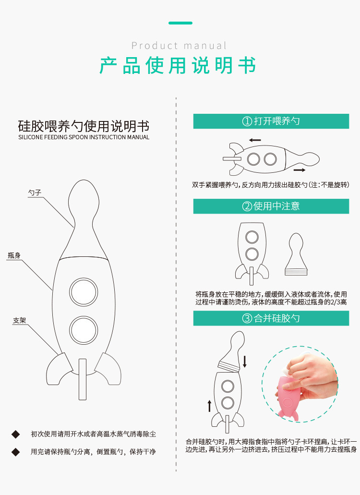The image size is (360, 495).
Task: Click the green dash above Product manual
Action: coord(180,23)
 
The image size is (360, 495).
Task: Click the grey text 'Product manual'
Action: coord(179,46)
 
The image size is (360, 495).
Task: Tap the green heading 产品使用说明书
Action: coord(178,66)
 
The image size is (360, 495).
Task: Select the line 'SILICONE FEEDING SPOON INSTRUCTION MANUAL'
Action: coord(84,137)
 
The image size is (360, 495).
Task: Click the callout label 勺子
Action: coord(35,193)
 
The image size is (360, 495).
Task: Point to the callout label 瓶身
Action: coord(14,255)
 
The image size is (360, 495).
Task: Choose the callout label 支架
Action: coord(19,320)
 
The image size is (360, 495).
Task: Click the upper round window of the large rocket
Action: coord(84,292)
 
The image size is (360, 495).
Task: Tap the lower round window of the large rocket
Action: coord(84,330)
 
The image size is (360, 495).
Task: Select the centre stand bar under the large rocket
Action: coord(83,379)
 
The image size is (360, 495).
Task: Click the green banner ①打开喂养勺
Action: coord(271,121)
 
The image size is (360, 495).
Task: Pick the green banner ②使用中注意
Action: coord(271,206)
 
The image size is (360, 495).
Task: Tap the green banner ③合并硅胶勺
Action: coord(271,318)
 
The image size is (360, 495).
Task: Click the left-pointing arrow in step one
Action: coord(255,140)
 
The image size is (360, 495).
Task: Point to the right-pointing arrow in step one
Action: coord(300,170)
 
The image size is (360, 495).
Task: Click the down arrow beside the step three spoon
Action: coord(244,362)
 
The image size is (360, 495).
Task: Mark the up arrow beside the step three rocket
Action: coord(209,406)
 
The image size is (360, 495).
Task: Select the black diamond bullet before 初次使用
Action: coord(15,435)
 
